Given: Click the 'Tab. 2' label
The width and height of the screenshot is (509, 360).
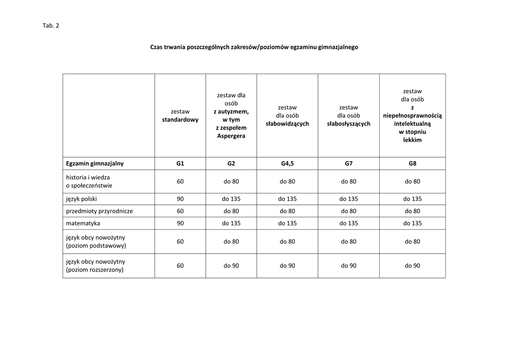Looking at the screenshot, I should pos(51,26).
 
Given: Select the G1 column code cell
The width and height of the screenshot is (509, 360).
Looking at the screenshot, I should pos(180,163).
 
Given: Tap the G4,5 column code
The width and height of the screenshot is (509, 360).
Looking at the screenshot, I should pos(287,163).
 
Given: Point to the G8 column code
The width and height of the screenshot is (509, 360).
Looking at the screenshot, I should pos(412,163).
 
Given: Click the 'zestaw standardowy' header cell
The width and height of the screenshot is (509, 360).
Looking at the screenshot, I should pos(180,115).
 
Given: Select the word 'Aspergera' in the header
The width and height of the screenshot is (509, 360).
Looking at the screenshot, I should pos(231,136).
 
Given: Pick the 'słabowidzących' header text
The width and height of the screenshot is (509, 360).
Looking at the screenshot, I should pos(287,124).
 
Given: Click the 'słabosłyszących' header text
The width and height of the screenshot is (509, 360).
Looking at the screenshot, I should pos(348,124).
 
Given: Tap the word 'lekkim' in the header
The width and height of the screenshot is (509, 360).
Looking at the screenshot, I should pos(412,140).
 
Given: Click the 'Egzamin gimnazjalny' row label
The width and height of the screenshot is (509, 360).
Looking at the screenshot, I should pos(95,163).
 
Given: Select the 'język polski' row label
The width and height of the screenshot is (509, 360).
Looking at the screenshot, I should pos(82,198).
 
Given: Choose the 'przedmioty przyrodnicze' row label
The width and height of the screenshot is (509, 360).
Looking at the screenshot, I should pos(99,211).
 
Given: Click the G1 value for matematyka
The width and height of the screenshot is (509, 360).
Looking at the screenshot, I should pos(180,223).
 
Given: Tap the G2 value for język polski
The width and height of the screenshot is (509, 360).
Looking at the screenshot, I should pos(231,198).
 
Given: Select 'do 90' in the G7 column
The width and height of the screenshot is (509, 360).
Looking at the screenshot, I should pos(348,266).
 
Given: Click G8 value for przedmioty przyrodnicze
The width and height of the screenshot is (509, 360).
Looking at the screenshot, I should pos(412,211).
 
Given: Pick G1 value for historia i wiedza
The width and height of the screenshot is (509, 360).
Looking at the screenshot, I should pos(180,181).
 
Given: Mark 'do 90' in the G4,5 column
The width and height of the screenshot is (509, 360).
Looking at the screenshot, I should pos(287,266).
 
